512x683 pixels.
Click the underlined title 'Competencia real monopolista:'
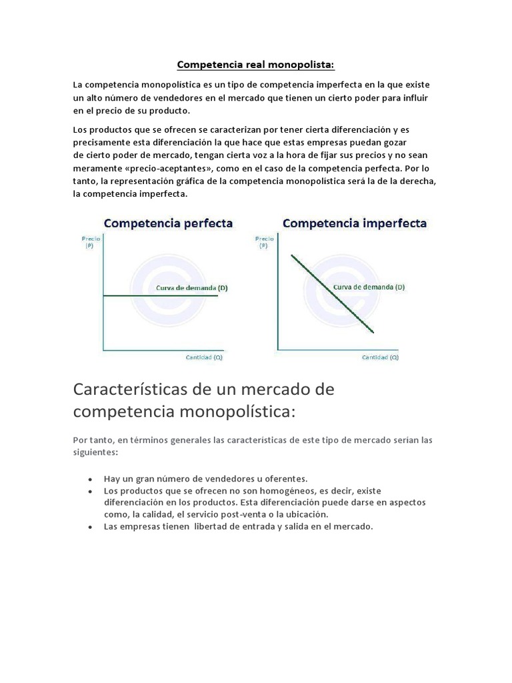(x=255, y=65)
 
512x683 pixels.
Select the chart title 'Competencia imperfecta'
(x=355, y=223)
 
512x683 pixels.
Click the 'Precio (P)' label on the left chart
(x=88, y=241)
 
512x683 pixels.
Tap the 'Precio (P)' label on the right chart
(x=264, y=241)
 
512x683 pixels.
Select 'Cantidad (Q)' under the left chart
(x=203, y=358)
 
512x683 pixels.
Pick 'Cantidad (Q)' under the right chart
(x=380, y=358)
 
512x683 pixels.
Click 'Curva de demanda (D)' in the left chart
(x=192, y=287)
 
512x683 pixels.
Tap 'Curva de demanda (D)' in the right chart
(x=369, y=287)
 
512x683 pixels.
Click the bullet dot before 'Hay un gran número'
(x=90, y=480)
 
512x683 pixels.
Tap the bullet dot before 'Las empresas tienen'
(x=90, y=527)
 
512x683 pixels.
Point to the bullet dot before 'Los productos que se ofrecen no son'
(x=90, y=491)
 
